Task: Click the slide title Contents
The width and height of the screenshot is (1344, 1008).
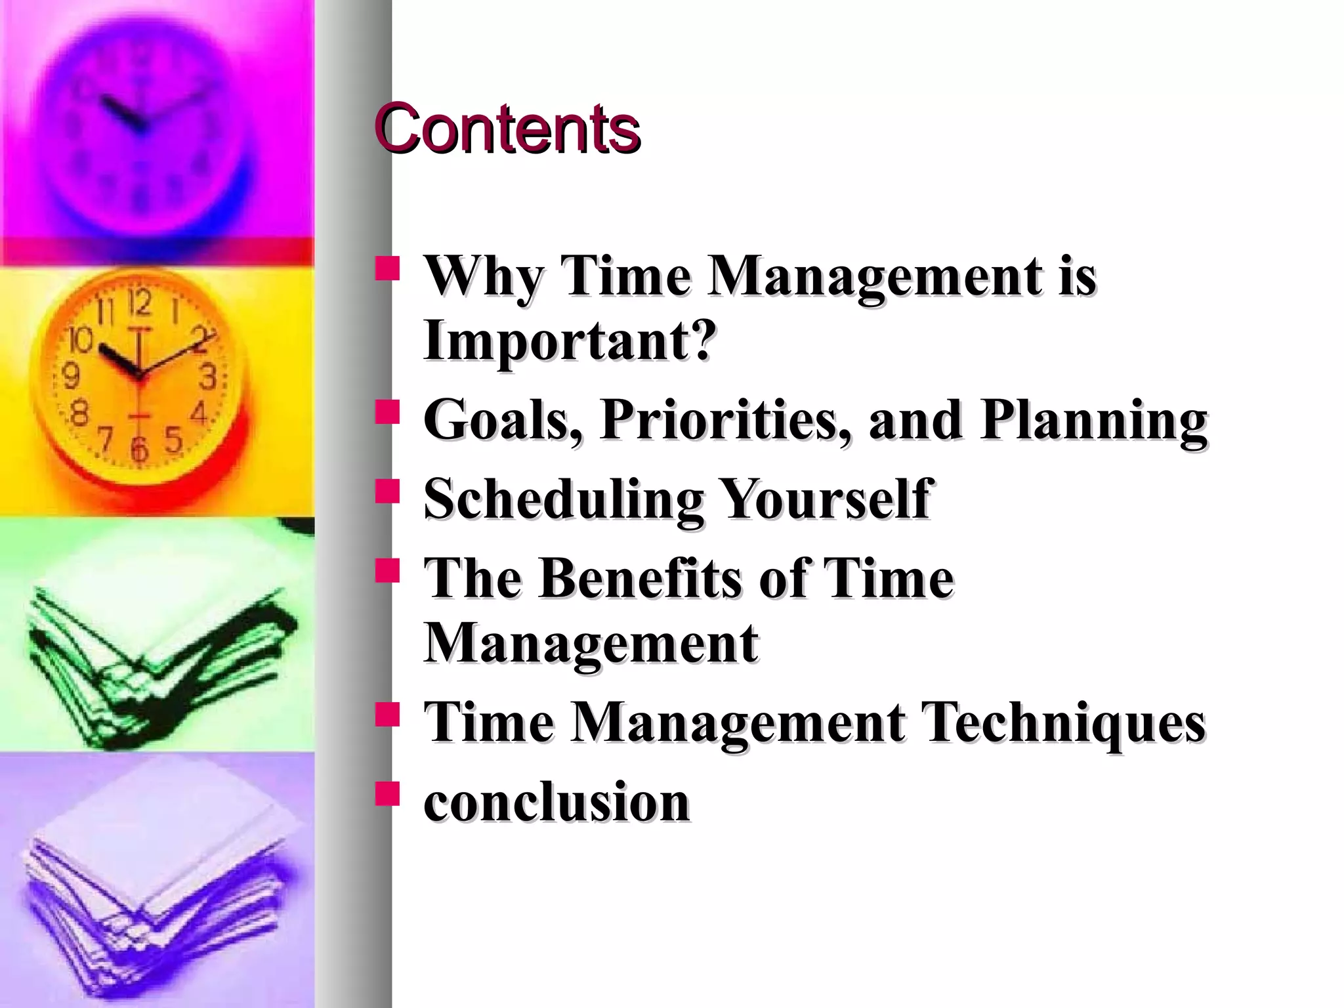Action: (x=507, y=129)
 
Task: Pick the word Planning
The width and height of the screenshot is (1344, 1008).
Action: (x=1093, y=421)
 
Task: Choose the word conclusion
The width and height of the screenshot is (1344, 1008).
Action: (x=556, y=802)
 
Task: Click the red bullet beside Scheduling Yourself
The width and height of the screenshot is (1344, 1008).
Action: (x=387, y=492)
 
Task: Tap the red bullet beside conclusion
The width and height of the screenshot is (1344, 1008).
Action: (x=387, y=793)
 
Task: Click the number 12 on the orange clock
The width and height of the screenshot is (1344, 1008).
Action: (x=139, y=304)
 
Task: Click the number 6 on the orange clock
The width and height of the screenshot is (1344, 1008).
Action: (x=139, y=449)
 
